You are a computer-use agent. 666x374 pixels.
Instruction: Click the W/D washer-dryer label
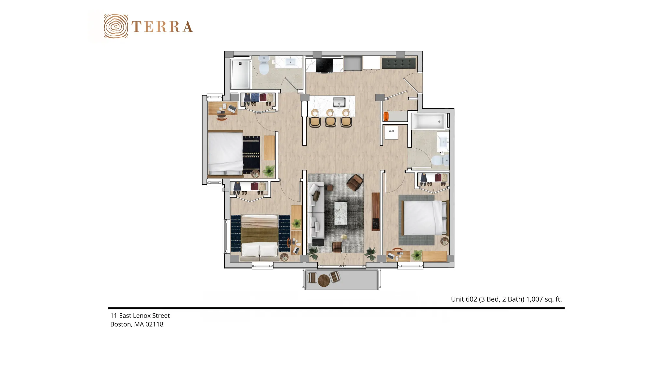pos(391,131)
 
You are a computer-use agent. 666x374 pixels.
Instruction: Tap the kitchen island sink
pos(339,102)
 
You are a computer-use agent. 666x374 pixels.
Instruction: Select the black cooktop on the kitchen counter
pos(325,65)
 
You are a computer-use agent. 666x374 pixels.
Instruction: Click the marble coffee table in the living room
pos(341,213)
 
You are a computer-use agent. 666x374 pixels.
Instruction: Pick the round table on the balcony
pos(324,280)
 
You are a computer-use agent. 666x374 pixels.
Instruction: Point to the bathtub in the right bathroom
pos(429,121)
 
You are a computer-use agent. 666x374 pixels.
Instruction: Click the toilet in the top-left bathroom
pos(264,65)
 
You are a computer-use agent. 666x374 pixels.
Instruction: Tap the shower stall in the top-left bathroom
pos(241,73)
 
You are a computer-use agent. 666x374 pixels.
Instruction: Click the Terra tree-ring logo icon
pos(116,26)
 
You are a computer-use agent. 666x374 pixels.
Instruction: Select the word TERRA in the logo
pos(162,27)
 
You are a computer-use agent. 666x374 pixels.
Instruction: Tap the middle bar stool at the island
pos(330,121)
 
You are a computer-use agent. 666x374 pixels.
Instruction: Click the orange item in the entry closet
pos(386,116)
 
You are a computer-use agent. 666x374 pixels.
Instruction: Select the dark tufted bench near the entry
pos(399,63)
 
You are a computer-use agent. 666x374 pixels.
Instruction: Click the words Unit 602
pos(464,299)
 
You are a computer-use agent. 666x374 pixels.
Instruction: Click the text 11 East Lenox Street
pos(140,316)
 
